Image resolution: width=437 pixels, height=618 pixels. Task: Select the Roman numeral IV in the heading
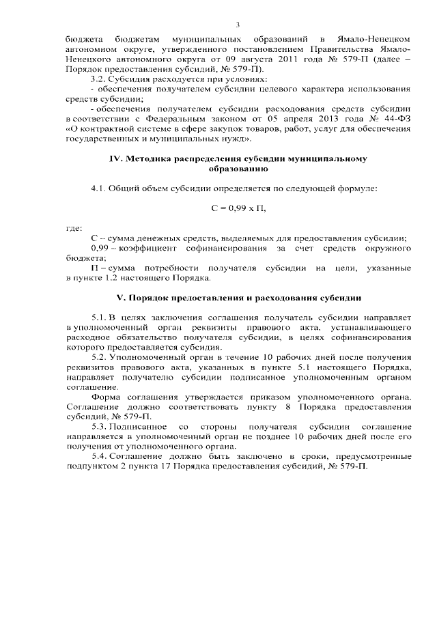click(x=117, y=158)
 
